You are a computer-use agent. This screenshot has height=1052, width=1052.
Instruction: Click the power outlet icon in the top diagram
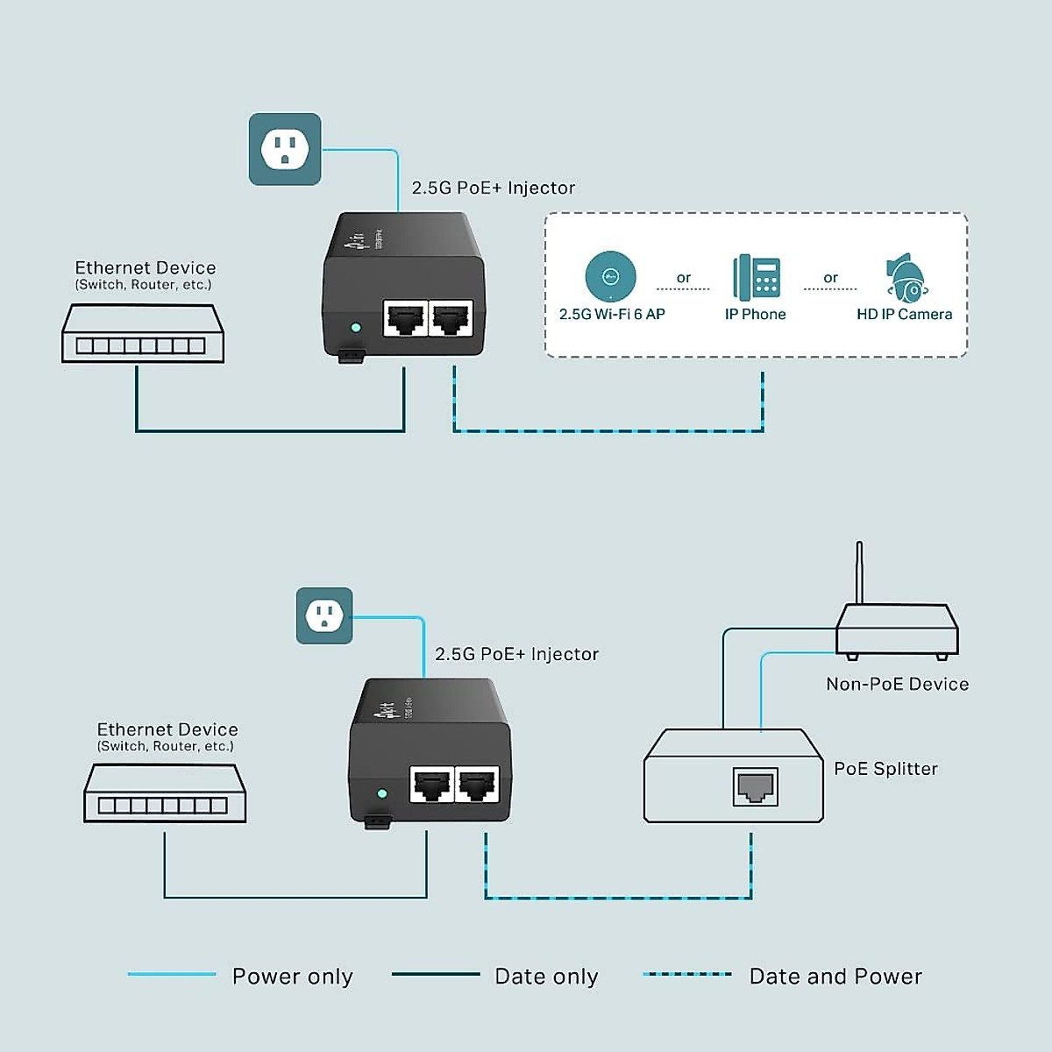(x=285, y=149)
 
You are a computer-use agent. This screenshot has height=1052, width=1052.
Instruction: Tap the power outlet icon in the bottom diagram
(x=324, y=615)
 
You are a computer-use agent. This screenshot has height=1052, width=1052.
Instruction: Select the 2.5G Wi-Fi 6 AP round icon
(x=610, y=276)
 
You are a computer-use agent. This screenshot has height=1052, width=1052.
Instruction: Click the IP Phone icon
(x=757, y=276)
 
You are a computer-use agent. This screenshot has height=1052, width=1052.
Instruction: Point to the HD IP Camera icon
(x=906, y=278)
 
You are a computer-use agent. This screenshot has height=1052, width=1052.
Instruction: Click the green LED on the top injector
(x=355, y=328)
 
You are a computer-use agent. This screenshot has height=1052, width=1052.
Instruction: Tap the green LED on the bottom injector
(x=381, y=793)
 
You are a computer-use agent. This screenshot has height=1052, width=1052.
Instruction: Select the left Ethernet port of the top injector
(x=405, y=318)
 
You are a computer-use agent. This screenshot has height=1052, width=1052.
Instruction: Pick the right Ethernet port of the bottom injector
(x=477, y=784)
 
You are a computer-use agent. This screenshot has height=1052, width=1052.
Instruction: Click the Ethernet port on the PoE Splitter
(x=755, y=787)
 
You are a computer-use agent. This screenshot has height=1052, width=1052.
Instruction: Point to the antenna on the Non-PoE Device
(x=859, y=572)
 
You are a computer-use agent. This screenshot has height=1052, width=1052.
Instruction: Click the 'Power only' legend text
(x=292, y=977)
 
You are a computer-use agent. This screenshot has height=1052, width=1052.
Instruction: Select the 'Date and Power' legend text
(x=835, y=977)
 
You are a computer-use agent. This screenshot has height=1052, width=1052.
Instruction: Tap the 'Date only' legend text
(x=546, y=977)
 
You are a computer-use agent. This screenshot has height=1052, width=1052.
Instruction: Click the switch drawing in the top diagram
(x=143, y=334)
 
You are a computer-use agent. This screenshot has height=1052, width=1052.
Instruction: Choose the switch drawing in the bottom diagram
(x=165, y=793)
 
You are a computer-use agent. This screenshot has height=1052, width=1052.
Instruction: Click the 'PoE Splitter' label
(x=885, y=769)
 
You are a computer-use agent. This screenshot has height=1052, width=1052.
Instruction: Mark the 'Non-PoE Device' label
(x=897, y=684)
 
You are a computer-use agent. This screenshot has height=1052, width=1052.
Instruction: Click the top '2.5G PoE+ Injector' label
(x=494, y=188)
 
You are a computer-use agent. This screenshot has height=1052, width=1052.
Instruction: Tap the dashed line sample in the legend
(x=687, y=974)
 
